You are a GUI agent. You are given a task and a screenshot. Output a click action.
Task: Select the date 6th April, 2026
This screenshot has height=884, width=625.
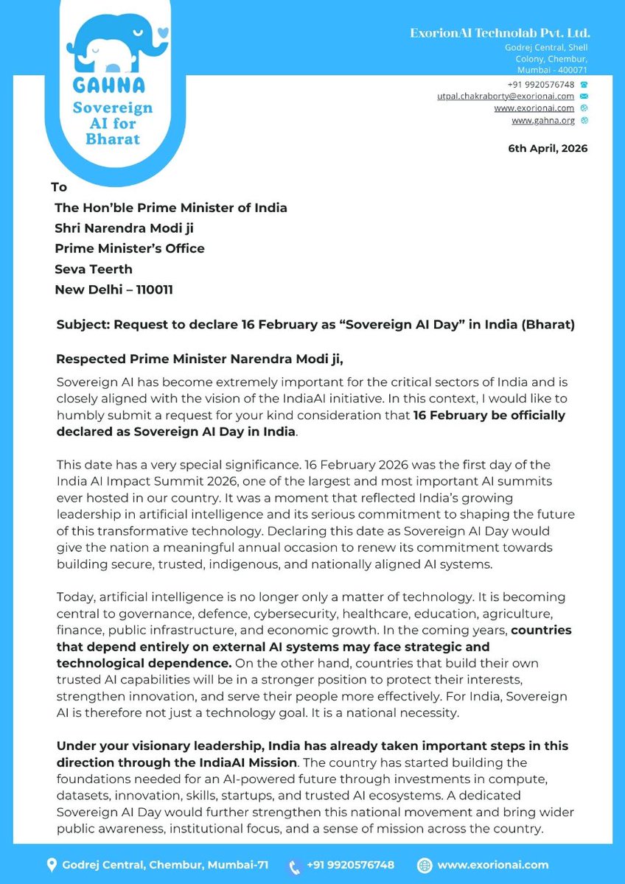click(548, 148)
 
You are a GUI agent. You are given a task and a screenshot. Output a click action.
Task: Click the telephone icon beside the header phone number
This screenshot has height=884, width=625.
click(584, 85)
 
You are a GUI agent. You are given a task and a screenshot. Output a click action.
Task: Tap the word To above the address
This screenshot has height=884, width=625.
click(59, 187)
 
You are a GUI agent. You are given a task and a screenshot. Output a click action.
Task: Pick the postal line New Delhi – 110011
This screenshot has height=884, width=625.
click(114, 290)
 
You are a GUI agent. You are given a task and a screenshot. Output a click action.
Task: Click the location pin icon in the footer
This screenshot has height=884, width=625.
click(52, 865)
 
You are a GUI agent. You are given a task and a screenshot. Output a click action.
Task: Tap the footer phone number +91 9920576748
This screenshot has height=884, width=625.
click(350, 865)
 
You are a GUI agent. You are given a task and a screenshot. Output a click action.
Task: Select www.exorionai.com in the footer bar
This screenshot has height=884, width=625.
click(492, 865)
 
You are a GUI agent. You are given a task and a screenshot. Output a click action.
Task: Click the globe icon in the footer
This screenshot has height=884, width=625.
click(425, 865)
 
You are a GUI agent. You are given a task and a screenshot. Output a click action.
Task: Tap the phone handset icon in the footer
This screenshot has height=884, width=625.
click(294, 866)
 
